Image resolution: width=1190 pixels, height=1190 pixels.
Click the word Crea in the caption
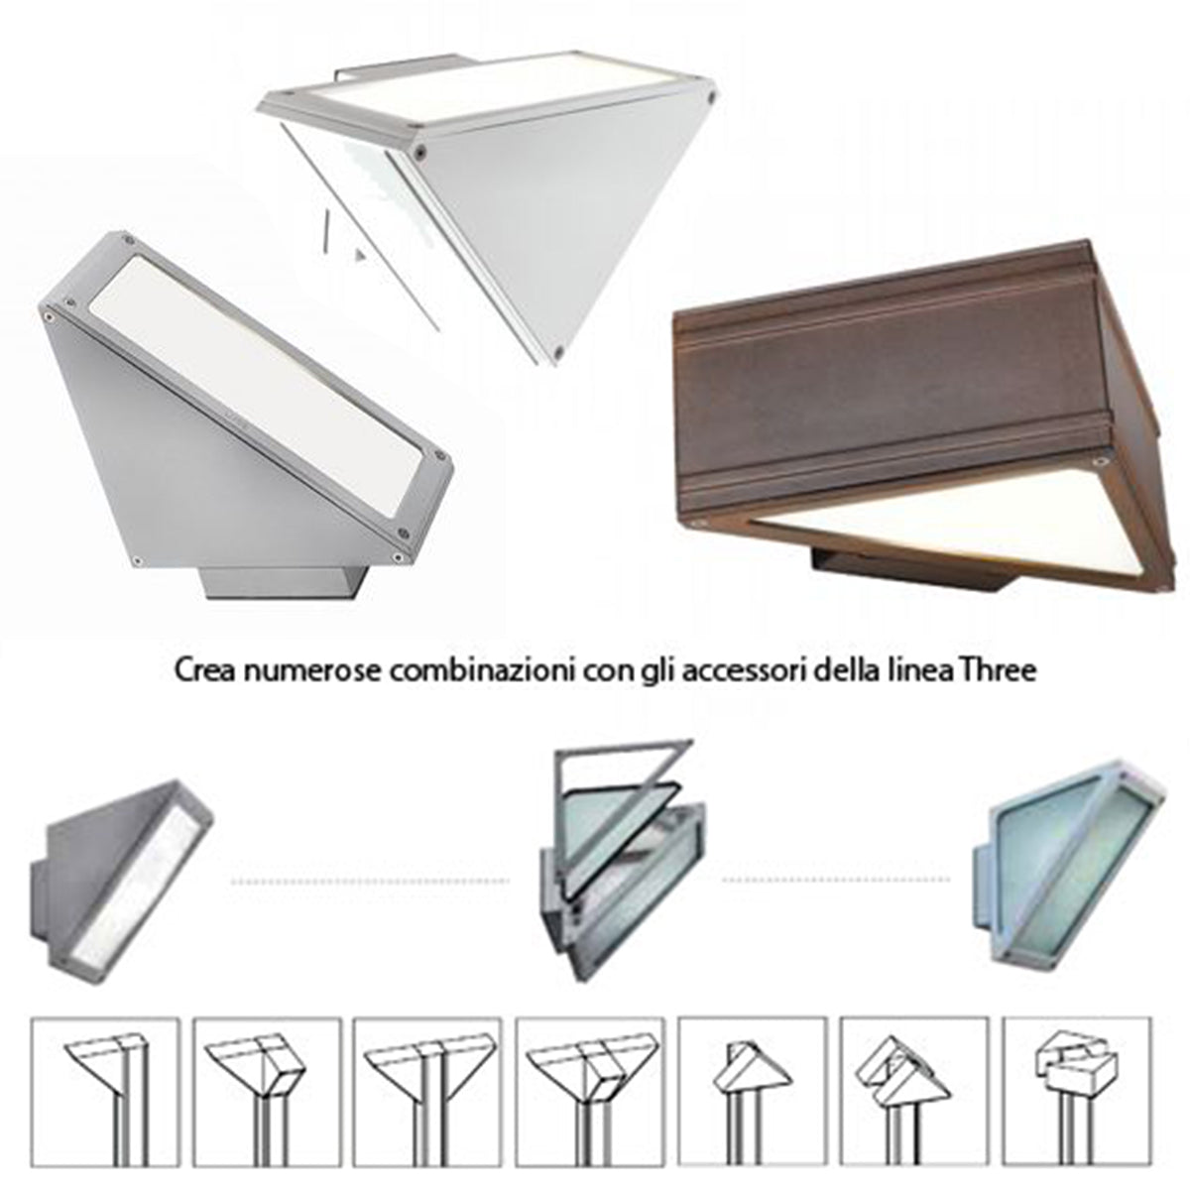point(204,671)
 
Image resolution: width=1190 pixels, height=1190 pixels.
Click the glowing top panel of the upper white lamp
point(494,79)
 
